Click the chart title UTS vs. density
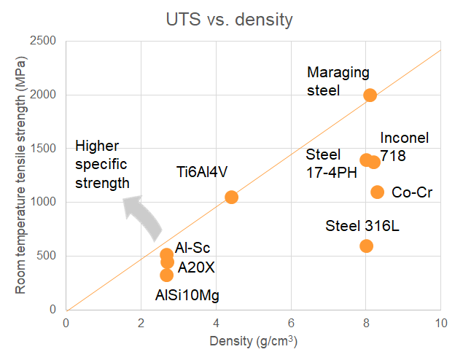click(x=230, y=19)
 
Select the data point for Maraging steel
click(x=370, y=95)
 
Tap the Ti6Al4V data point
click(x=231, y=197)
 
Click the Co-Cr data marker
click(x=377, y=192)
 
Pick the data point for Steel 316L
click(x=366, y=246)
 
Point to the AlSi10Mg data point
click(x=166, y=275)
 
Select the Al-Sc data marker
click(x=166, y=255)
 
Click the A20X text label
click(x=196, y=267)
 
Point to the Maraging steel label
click(x=338, y=82)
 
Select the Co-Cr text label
click(x=413, y=192)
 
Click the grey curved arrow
click(x=143, y=218)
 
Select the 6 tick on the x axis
click(x=291, y=323)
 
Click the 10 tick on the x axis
click(x=440, y=323)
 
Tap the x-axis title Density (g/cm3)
click(x=252, y=341)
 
